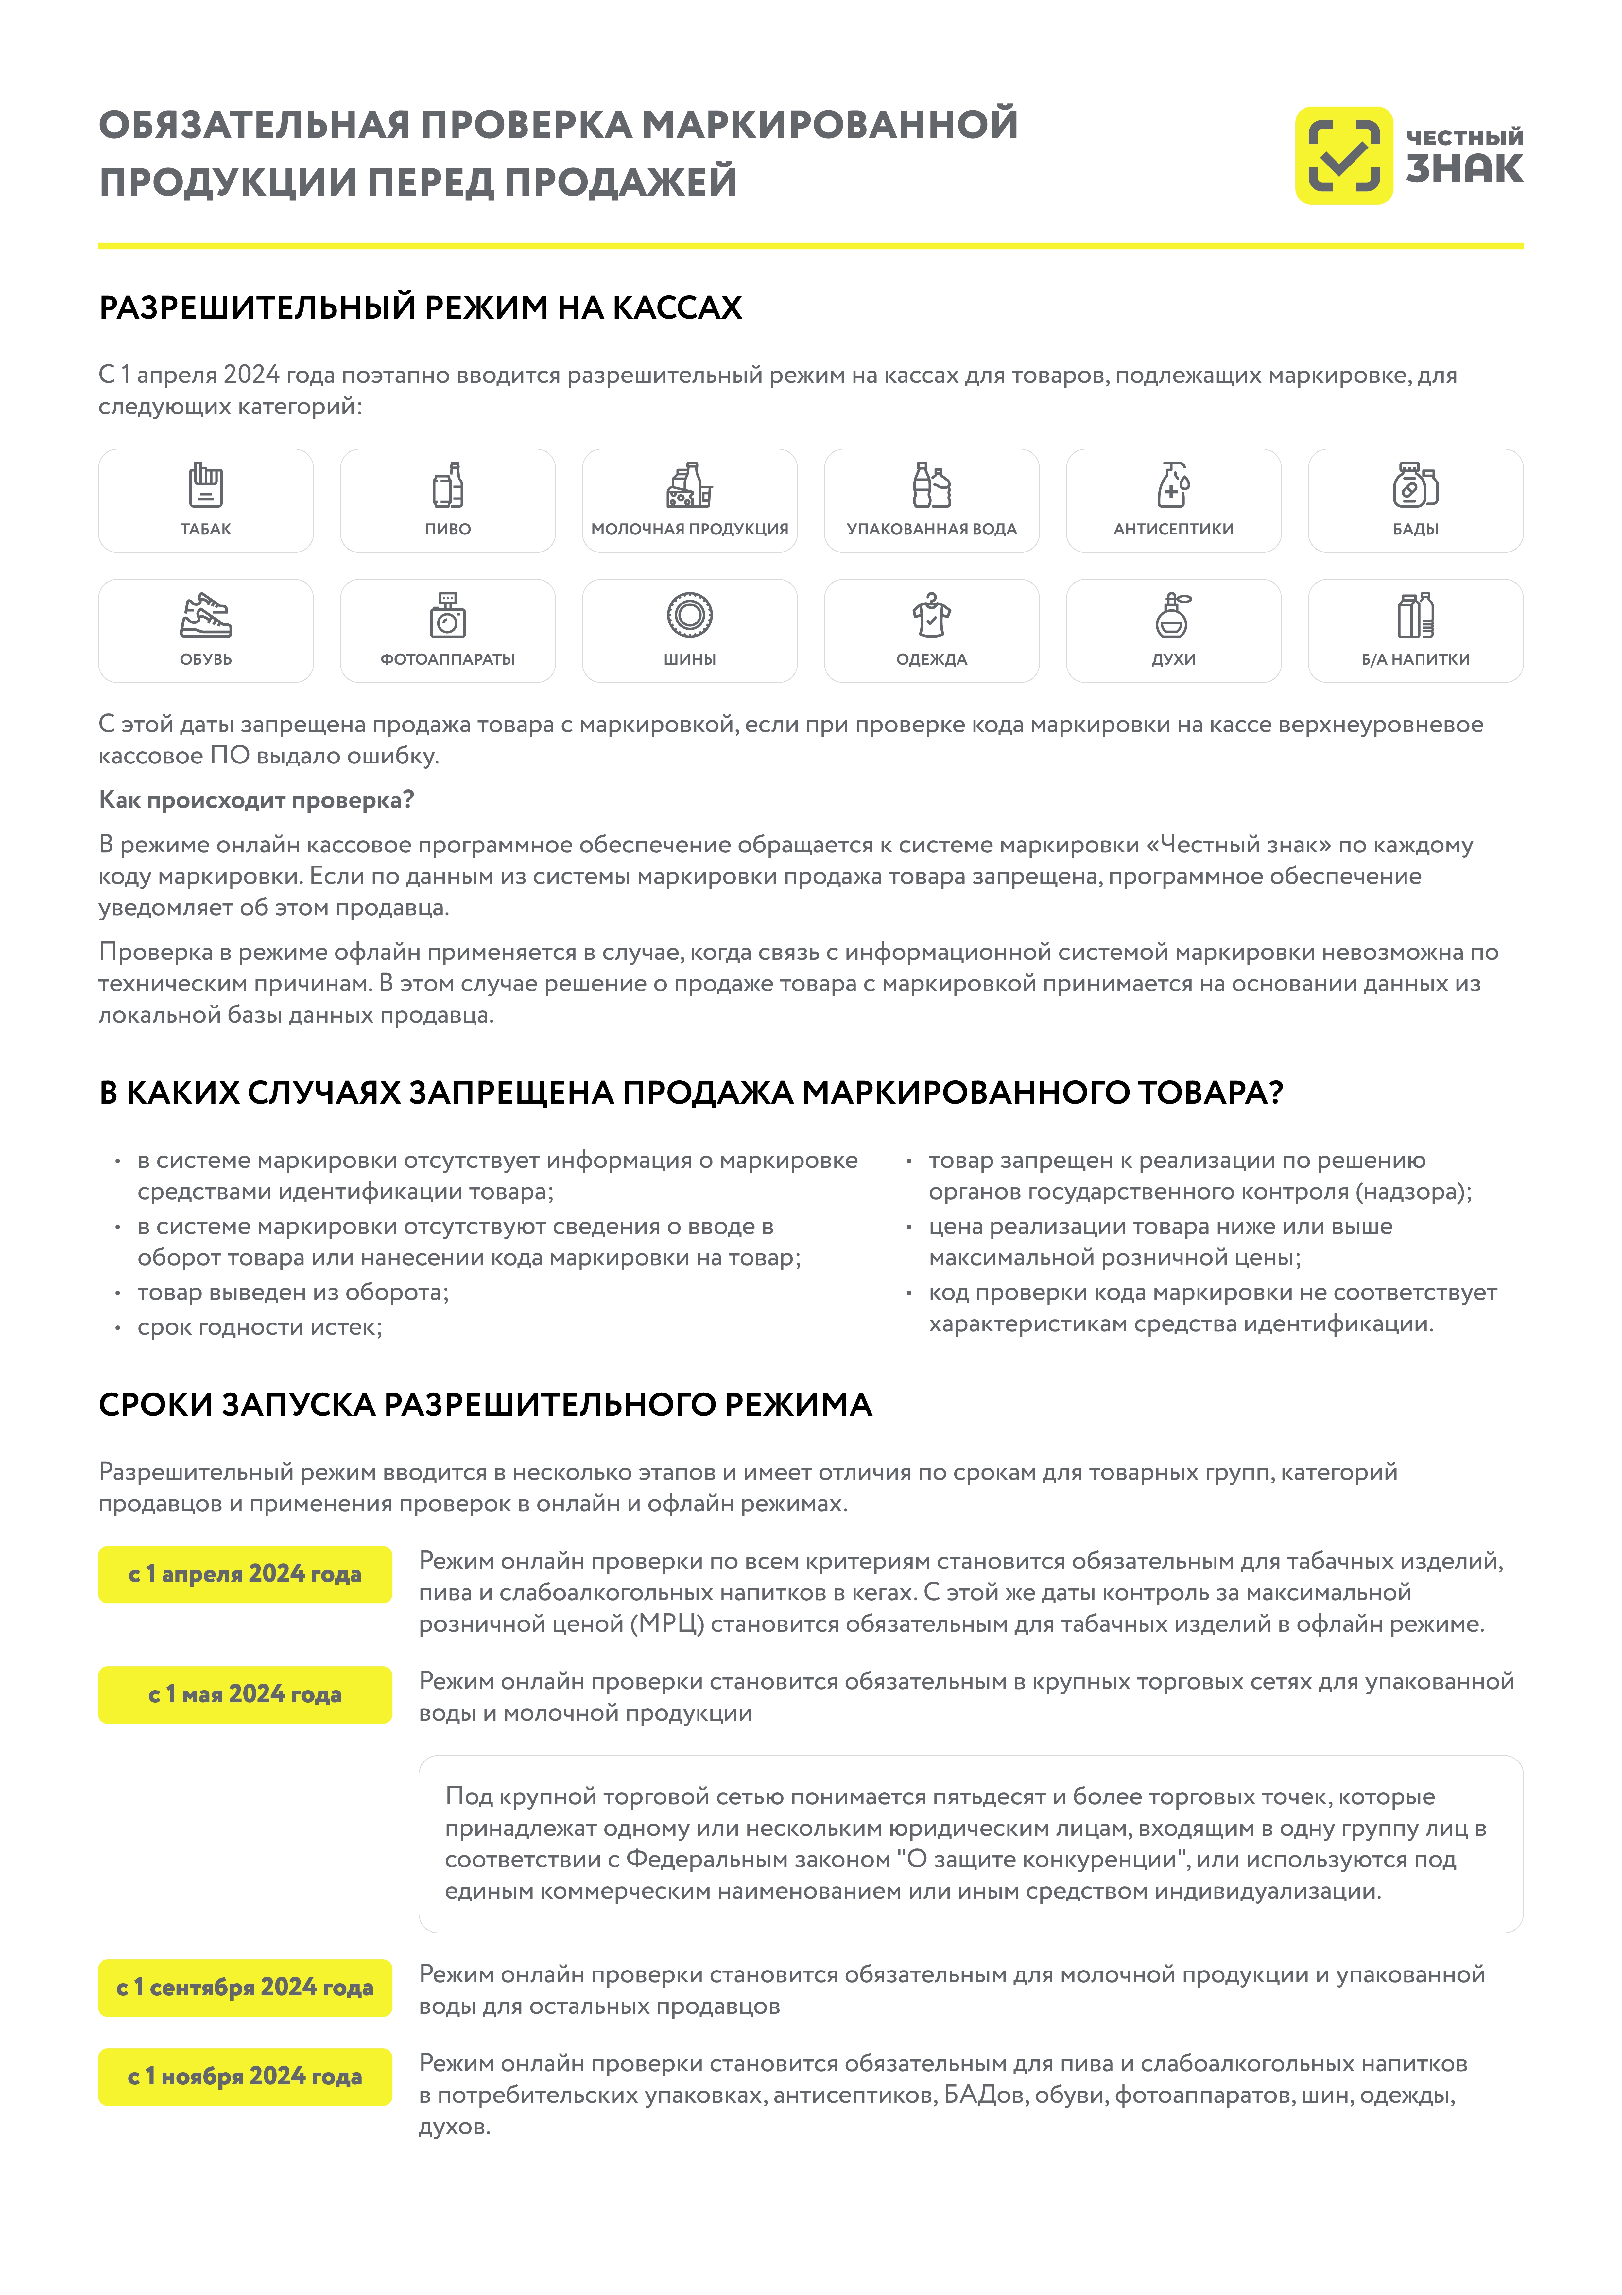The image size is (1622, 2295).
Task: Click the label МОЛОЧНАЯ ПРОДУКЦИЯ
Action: click(x=690, y=529)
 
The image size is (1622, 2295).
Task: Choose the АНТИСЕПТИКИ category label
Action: click(x=1173, y=529)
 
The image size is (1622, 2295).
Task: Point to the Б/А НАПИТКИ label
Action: click(x=1415, y=659)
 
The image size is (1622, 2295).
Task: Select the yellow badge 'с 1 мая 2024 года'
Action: click(x=245, y=1694)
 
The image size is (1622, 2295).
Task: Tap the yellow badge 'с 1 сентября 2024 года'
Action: click(x=245, y=1987)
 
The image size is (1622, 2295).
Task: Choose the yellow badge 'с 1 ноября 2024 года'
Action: click(x=245, y=2076)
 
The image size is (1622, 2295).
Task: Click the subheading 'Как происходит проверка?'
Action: click(x=256, y=800)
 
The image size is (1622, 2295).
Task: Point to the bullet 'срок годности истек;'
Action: click(x=260, y=1326)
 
